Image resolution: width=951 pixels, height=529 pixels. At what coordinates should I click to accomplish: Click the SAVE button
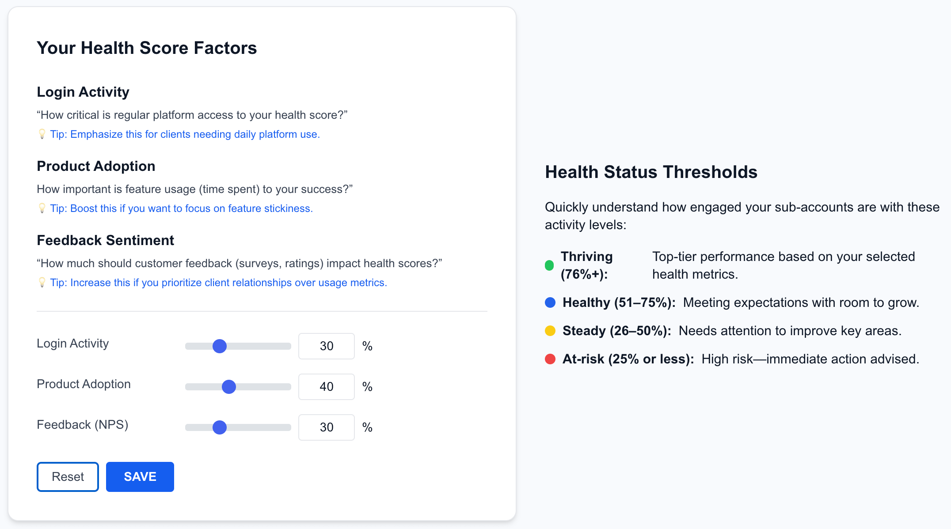[140, 476]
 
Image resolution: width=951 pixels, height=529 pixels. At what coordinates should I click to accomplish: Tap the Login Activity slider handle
[220, 346]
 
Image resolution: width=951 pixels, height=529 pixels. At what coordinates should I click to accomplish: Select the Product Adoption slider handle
[229, 387]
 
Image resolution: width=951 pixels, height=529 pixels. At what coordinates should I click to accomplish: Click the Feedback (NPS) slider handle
[220, 427]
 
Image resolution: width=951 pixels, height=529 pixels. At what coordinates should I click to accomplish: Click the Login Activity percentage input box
[327, 346]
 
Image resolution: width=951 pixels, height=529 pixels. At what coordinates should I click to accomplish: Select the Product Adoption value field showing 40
[327, 387]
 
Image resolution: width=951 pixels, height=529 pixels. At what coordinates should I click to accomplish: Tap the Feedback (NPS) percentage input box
[327, 427]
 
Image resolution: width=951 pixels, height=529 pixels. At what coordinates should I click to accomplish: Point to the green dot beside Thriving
[549, 265]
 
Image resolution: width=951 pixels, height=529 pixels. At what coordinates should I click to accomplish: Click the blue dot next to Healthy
[550, 302]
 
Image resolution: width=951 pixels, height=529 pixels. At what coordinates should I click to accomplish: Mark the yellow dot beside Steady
[550, 331]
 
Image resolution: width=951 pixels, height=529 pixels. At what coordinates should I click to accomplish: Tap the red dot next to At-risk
[550, 359]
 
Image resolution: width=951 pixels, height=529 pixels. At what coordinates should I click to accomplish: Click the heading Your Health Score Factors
[147, 48]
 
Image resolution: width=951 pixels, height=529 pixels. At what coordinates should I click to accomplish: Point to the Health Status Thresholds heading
[651, 172]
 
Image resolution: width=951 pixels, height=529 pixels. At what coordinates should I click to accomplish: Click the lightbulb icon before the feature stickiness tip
[42, 208]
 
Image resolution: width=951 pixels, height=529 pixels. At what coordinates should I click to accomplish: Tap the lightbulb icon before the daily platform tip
[42, 134]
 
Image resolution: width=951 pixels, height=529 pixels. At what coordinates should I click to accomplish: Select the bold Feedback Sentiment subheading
[106, 240]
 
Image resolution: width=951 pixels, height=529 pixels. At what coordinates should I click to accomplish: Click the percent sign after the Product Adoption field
[367, 387]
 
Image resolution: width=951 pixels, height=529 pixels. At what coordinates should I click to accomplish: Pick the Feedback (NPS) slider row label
[83, 425]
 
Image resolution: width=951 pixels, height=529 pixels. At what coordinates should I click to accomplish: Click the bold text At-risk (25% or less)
[628, 359]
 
